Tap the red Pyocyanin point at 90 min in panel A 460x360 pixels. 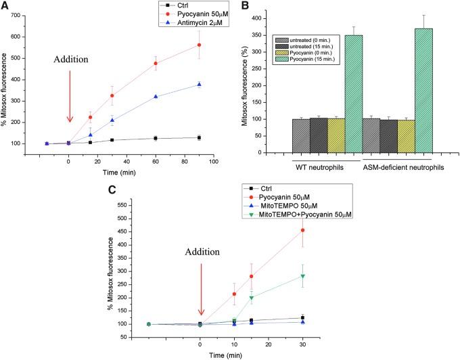[199, 45]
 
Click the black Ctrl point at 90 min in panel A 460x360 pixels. [199, 137]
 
